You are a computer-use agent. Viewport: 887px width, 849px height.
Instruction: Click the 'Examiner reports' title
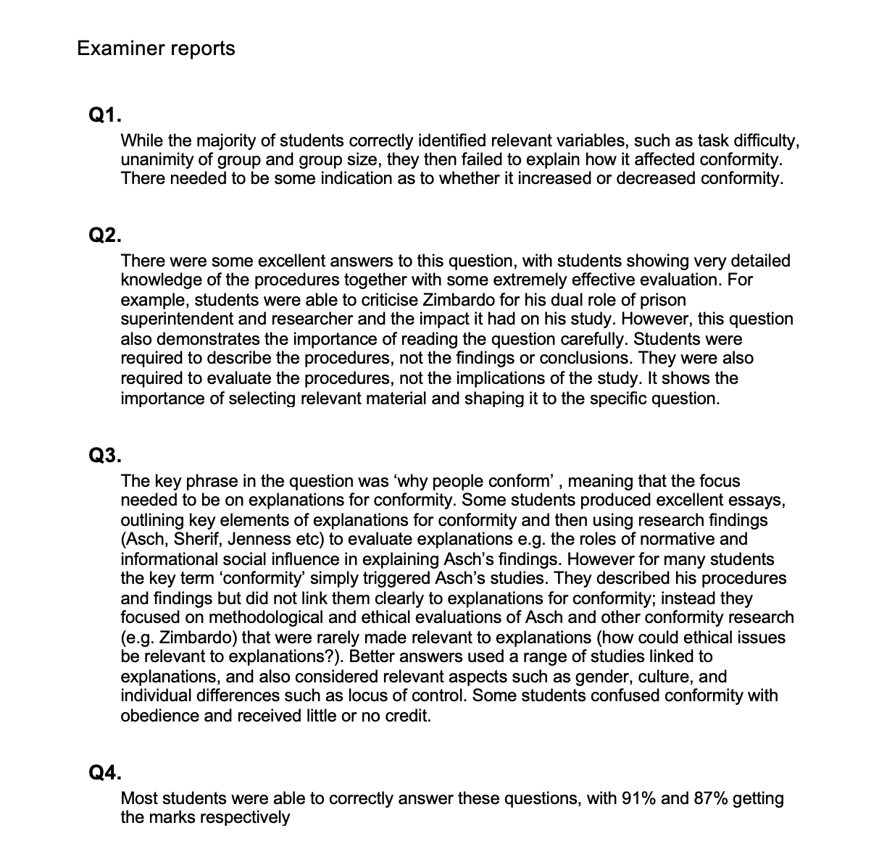tap(156, 49)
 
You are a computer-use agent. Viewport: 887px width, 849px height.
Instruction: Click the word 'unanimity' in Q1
tap(157, 159)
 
